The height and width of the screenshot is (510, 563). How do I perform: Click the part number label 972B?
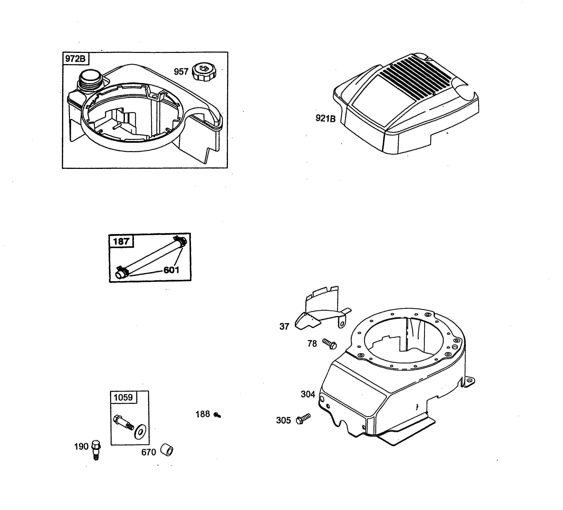(x=75, y=59)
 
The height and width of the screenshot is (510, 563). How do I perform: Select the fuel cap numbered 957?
(x=204, y=72)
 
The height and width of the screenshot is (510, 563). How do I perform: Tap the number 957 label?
(x=181, y=72)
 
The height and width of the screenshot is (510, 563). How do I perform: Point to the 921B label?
(x=325, y=118)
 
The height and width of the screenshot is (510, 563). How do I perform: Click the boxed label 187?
(x=121, y=241)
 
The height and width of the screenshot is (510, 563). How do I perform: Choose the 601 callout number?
(x=171, y=270)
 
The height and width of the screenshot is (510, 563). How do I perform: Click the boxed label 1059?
(x=123, y=397)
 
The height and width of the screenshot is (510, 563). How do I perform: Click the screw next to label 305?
(x=303, y=419)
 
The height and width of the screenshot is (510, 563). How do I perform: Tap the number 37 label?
(x=284, y=326)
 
